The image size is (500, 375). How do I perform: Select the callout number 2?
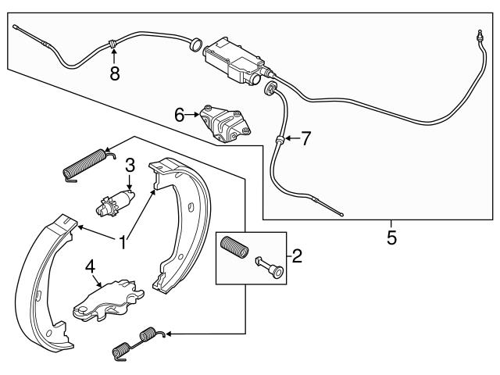click(296, 255)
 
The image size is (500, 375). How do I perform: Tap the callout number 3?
click(130, 165)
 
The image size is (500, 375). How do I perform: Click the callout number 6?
click(180, 115)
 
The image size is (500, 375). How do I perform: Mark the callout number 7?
click(305, 139)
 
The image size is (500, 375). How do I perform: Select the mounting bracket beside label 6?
click(225, 123)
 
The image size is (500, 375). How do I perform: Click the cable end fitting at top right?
click(476, 36)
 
